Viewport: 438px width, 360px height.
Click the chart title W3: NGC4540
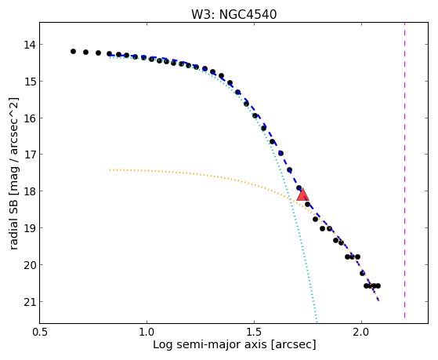tap(233, 15)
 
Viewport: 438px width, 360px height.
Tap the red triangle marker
tap(302, 195)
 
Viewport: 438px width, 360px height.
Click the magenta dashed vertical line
tap(404, 170)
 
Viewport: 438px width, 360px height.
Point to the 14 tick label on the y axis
tap(30, 45)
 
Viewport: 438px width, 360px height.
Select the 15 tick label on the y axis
tap(30, 82)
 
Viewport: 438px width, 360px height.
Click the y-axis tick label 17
tap(30, 155)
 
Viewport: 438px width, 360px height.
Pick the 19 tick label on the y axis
tap(30, 228)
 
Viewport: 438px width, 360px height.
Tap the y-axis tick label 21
tap(30, 301)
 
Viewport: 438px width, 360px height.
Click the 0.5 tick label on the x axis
tap(40, 332)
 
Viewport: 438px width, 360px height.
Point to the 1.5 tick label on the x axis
tap(254, 332)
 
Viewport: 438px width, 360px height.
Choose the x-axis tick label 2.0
tap(361, 332)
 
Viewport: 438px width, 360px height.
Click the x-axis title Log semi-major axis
tap(209, 344)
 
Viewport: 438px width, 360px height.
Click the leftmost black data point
tap(73, 52)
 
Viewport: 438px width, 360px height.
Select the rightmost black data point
tap(378, 285)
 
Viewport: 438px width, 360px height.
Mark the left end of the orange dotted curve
tap(110, 169)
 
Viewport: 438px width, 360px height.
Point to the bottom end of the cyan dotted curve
tap(317, 321)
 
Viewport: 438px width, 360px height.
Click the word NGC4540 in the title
tap(248, 15)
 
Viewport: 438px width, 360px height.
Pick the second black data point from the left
tap(85, 52)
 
